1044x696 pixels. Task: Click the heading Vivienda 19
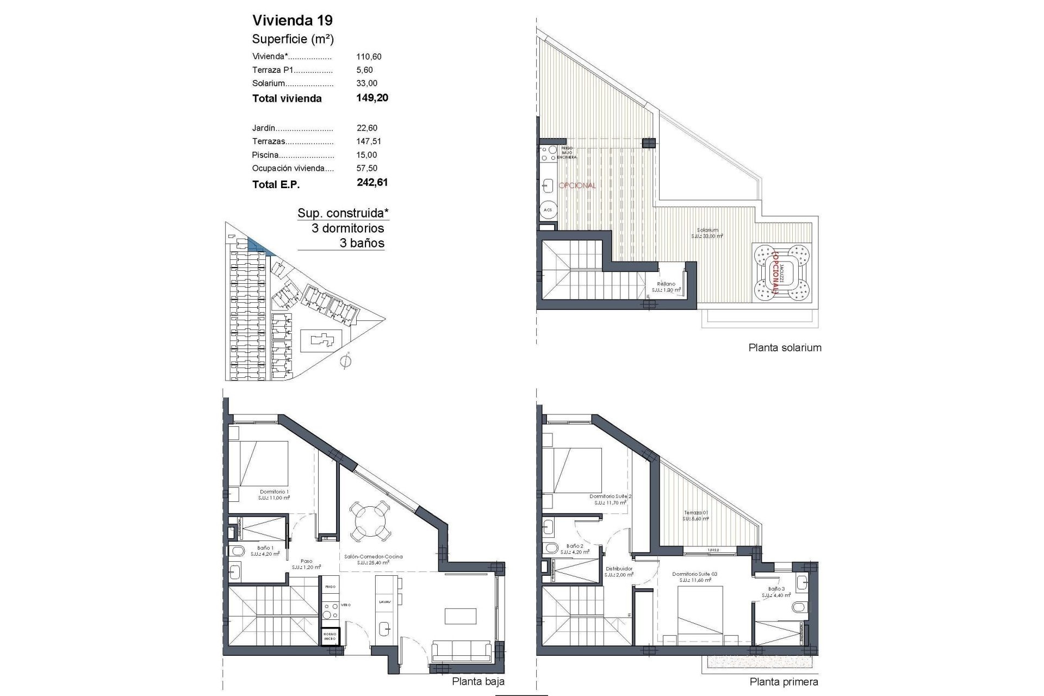click(x=293, y=21)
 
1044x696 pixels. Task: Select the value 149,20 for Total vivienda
click(x=372, y=98)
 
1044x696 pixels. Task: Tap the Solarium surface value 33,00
click(x=367, y=83)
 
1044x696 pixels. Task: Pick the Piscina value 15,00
click(x=367, y=155)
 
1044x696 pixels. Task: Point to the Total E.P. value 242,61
click(x=372, y=183)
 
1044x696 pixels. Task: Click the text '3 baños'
click(x=362, y=243)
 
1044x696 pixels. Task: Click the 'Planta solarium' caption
click(x=785, y=347)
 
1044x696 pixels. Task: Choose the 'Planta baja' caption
click(x=478, y=681)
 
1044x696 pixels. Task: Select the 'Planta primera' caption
click(x=784, y=681)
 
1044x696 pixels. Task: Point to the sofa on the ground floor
click(x=461, y=651)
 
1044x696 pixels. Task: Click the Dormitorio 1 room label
click(x=274, y=492)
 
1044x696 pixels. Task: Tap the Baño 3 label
click(x=776, y=589)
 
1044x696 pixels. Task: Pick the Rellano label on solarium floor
click(x=666, y=284)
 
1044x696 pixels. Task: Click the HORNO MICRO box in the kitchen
click(x=330, y=637)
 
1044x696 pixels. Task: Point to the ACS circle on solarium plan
click(x=548, y=210)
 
